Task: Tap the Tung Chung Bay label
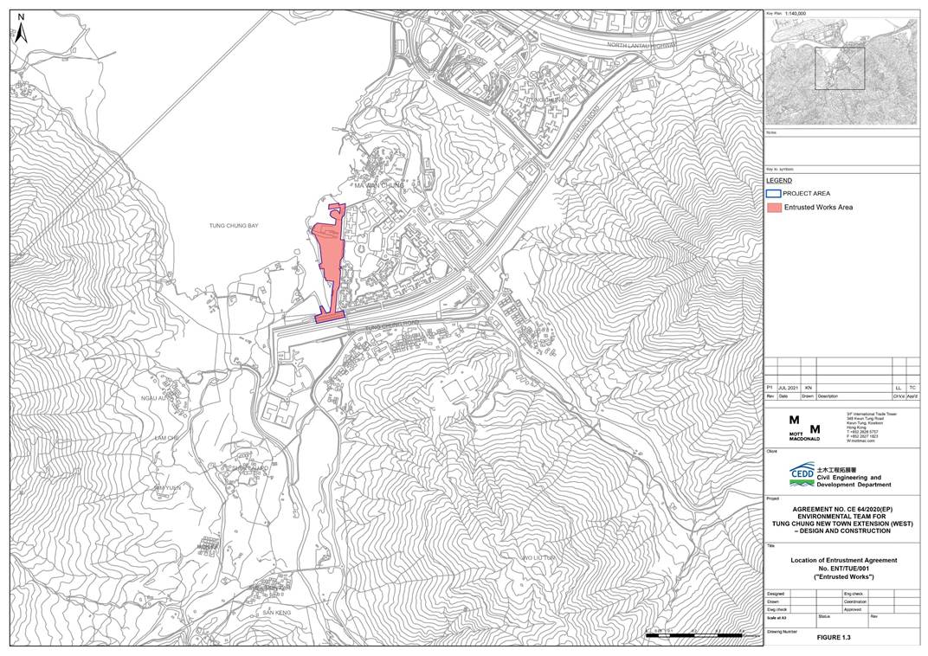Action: pos(234,226)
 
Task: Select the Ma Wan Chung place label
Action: pos(379,185)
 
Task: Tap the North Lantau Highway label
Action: pos(641,45)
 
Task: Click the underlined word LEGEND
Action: pos(778,180)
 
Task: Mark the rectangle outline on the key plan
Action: pos(839,68)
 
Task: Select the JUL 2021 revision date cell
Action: pos(789,389)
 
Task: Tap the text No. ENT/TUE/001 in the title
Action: pos(843,569)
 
